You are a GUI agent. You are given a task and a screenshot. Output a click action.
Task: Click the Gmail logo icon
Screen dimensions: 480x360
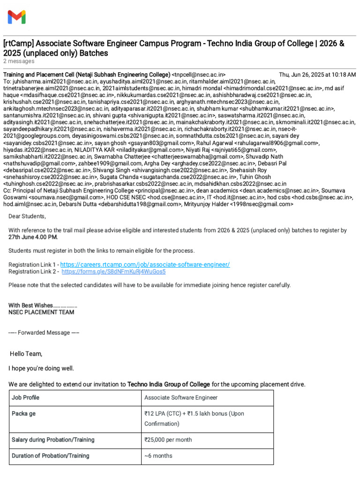pos(17,17)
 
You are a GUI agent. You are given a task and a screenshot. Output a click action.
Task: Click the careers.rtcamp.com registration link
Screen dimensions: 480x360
pos(145,264)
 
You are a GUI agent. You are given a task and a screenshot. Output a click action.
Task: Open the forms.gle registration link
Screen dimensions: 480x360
pos(113,271)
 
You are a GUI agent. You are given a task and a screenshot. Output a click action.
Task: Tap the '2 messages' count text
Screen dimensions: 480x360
pos(19,61)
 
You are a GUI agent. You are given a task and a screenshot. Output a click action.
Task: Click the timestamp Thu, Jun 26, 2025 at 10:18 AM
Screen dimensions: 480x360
pos(317,75)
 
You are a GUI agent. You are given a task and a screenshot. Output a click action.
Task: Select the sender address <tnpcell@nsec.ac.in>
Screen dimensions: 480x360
pos(199,75)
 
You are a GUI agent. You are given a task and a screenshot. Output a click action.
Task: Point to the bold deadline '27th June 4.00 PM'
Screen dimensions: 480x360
pos(33,237)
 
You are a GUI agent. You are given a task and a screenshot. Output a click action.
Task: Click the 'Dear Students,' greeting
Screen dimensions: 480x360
pos(27,216)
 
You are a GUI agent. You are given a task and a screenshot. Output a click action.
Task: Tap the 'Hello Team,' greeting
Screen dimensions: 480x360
pos(26,353)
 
